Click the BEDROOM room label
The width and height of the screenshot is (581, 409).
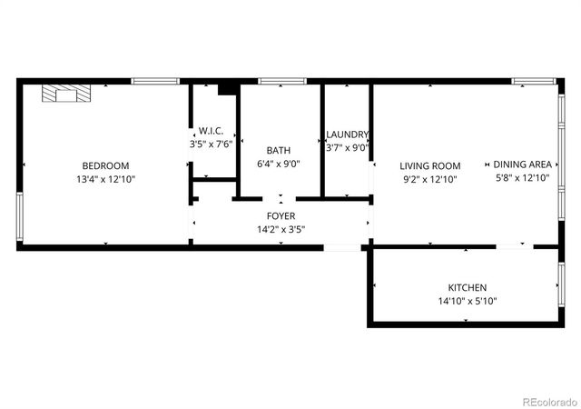point(105,165)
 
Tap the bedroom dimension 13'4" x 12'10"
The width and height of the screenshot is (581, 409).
point(105,179)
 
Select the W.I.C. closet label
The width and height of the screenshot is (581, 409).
point(212,130)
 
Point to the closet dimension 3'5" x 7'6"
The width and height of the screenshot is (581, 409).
point(212,144)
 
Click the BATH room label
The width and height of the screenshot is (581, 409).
point(279,150)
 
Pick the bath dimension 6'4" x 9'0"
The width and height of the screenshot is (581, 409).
point(279,165)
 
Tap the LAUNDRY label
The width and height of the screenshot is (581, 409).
point(347,135)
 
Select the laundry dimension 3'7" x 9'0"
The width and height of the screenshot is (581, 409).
point(347,148)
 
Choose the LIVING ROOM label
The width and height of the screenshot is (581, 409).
point(430,166)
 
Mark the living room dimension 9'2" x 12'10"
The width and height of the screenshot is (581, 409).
point(430,180)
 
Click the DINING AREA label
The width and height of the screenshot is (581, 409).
point(522,165)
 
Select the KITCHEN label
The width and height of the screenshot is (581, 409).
point(467,287)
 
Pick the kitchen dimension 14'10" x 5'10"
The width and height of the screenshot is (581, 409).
point(467,301)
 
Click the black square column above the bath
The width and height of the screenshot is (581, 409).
point(227,88)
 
